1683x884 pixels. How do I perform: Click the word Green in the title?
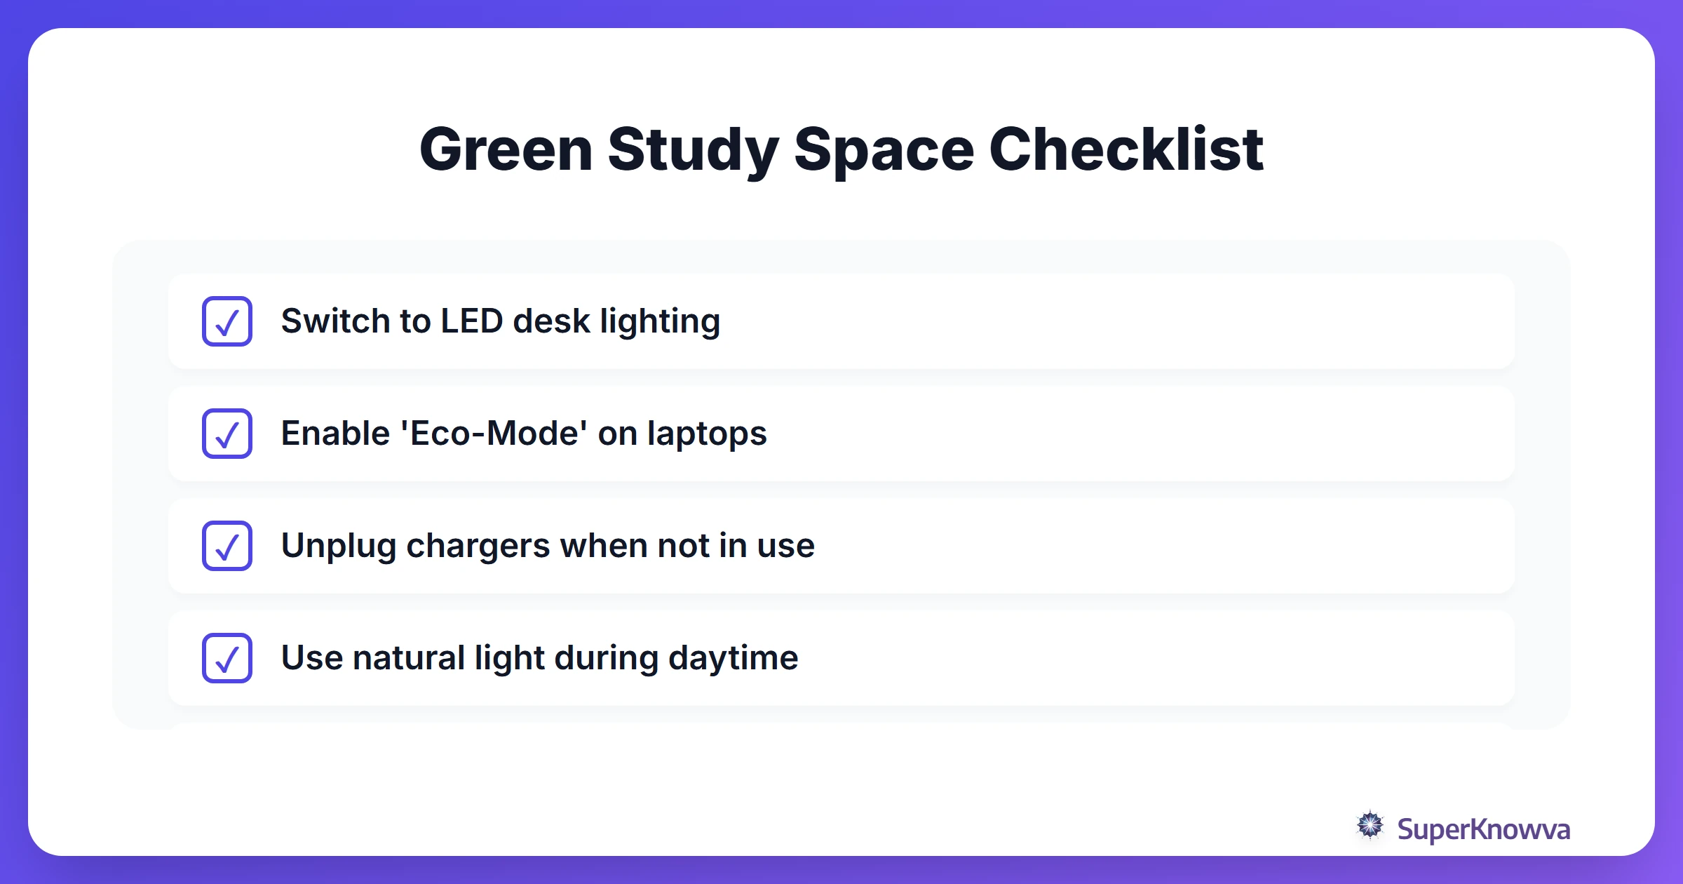506,149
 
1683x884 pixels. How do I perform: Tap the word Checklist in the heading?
1126,149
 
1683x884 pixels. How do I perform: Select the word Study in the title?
693,149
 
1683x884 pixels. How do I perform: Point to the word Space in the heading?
884,149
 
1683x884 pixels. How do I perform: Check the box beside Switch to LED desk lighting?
227,321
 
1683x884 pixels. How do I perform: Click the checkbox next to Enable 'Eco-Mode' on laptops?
227,434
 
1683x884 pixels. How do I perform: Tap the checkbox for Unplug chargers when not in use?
227,546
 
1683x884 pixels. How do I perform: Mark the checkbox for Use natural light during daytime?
227,658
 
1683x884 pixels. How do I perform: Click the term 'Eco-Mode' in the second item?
494,434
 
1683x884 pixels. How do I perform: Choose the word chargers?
478,546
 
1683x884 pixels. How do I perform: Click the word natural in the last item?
408,658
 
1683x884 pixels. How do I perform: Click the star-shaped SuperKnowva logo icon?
1370,826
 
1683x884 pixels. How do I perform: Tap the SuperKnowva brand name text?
1483,829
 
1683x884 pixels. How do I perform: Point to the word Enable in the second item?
335,434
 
